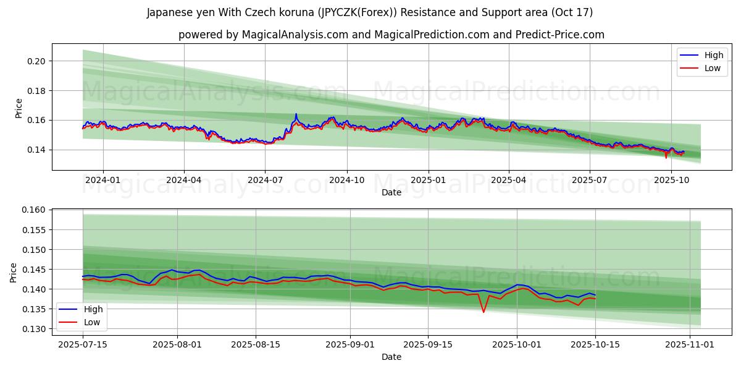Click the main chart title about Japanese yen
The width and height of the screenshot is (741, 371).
[x=370, y=12]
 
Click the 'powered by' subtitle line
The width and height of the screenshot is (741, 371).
[x=391, y=35]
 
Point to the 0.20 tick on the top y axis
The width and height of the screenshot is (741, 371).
[x=36, y=61]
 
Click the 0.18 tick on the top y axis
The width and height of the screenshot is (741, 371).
[x=36, y=91]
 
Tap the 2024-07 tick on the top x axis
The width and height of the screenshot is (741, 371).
[x=265, y=180]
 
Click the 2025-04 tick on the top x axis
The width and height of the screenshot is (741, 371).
[x=509, y=180]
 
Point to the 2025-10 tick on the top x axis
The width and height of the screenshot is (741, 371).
[x=671, y=180]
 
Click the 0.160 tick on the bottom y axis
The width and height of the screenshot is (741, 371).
[x=34, y=210]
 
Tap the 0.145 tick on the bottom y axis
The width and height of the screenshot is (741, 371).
[x=34, y=270]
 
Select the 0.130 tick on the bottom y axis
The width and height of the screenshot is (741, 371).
[x=34, y=329]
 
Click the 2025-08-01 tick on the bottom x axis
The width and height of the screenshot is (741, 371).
[x=178, y=344]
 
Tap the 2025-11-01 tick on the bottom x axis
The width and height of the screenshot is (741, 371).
[x=689, y=344]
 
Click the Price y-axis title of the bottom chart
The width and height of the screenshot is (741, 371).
[x=14, y=272]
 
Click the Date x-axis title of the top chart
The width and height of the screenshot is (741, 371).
[x=391, y=192]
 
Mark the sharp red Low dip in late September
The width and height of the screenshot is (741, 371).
[x=484, y=312]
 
